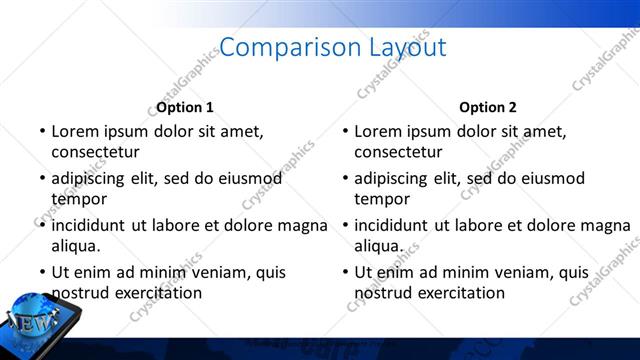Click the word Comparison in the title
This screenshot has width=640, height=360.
coord(275,47)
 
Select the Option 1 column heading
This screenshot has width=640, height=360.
coord(185,107)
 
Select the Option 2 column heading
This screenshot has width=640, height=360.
coord(488,107)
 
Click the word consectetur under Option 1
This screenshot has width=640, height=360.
coord(95,152)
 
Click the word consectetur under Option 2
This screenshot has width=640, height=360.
coord(398,152)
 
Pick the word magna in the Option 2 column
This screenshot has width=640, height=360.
coord(606,225)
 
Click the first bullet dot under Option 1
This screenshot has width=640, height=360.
coord(42,131)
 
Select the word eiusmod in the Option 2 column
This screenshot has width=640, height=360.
coord(551,178)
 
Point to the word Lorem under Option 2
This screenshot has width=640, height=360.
coord(378,131)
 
